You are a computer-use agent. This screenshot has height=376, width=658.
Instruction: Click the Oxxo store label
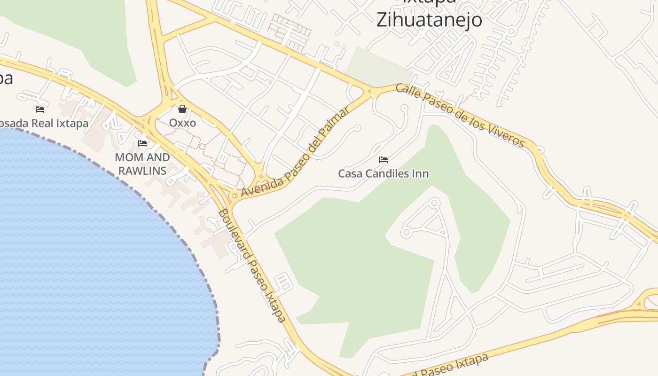182,123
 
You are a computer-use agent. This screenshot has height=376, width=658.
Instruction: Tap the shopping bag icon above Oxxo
182,109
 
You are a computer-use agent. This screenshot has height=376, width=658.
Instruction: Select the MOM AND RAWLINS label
142,164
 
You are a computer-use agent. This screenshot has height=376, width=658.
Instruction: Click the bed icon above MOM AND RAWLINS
142,143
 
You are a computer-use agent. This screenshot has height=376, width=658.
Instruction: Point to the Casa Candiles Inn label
383,173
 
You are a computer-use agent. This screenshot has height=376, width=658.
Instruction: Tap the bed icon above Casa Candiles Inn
383,160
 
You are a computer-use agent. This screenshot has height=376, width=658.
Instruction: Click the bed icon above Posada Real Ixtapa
40,109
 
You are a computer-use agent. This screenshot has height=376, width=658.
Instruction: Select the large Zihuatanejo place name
429,20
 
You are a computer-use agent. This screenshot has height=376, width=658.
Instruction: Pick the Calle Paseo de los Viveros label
460,115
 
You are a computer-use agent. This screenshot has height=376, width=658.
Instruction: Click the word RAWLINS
142,171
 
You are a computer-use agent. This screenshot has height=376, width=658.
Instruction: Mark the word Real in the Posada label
46,123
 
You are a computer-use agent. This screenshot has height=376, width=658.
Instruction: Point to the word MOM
127,157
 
